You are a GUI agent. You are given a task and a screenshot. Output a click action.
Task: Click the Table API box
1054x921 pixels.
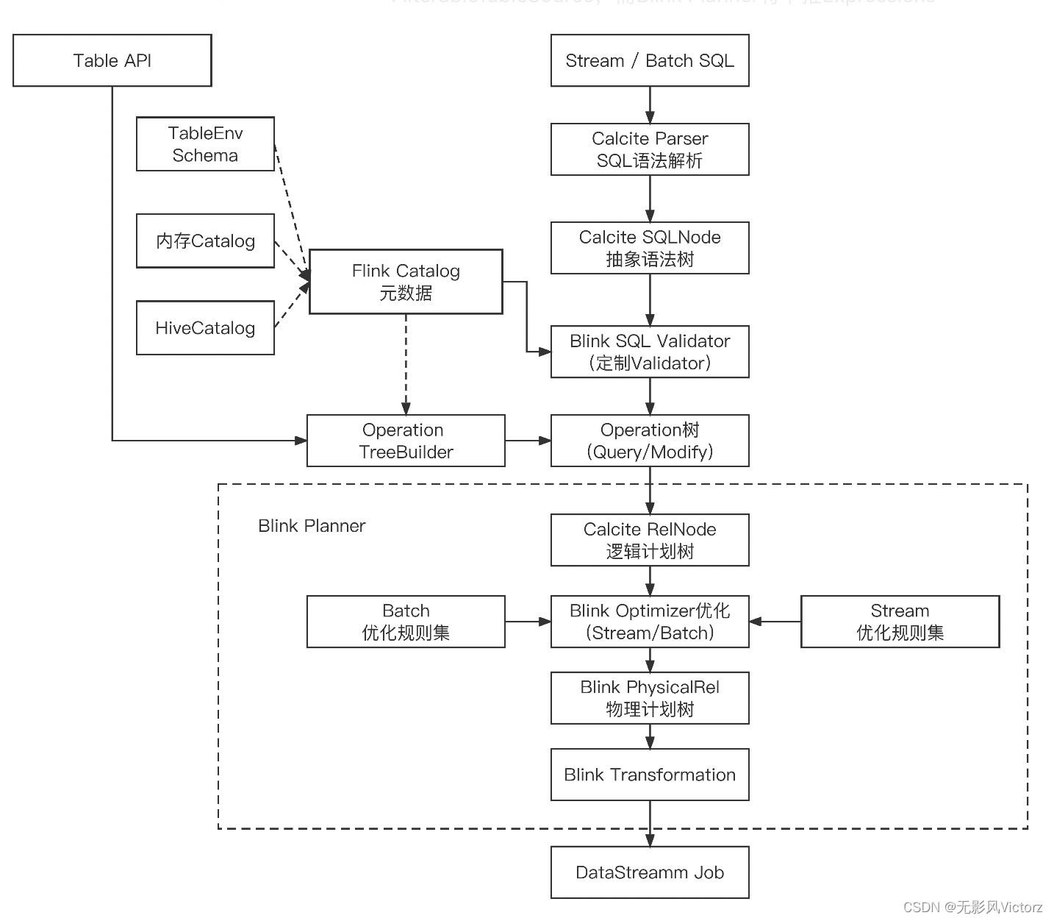pos(112,60)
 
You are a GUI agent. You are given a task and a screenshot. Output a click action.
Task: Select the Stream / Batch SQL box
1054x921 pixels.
pos(650,60)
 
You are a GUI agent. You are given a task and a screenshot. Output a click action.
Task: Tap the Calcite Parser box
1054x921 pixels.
pos(650,149)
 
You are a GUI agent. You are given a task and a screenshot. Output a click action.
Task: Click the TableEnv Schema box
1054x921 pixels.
pos(205,144)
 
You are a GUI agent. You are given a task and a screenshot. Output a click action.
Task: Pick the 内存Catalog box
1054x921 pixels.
pos(205,241)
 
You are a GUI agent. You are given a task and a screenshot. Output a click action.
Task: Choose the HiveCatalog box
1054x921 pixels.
pos(205,328)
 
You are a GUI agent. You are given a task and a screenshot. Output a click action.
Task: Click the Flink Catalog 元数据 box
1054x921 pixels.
pos(406,282)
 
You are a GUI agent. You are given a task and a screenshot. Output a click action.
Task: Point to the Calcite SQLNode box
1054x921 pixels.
pos(650,248)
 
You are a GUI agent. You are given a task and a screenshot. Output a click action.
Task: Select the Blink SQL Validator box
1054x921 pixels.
pos(650,352)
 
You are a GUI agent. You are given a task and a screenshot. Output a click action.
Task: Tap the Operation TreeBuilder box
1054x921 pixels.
pos(406,441)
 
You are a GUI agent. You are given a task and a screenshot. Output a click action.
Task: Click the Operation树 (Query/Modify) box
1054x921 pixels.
pos(650,441)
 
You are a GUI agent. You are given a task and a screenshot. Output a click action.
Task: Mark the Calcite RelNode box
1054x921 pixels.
pos(650,540)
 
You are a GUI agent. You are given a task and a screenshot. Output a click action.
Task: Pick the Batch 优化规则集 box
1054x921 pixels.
pos(406,622)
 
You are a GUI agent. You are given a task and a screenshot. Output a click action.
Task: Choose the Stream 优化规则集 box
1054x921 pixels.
pos(900,622)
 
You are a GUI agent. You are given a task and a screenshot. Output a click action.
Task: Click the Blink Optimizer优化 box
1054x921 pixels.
pos(650,622)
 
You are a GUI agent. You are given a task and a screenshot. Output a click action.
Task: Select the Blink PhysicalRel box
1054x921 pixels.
pos(650,698)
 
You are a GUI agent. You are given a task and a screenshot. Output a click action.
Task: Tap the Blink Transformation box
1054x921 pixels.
pos(650,775)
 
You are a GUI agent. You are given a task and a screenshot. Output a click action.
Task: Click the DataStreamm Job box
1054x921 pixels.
pos(650,872)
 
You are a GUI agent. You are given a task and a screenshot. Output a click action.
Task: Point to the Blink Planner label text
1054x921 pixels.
pos(312,526)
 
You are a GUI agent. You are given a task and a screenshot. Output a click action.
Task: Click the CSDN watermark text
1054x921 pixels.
pos(972,907)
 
